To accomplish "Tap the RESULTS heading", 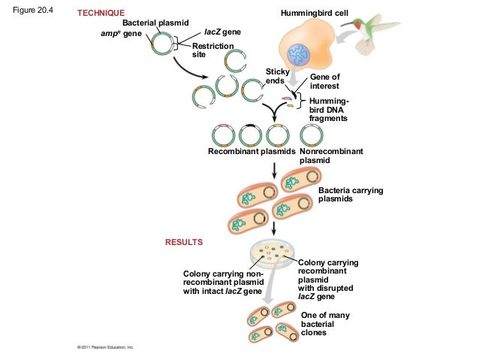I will pyautogui.click(x=184, y=243).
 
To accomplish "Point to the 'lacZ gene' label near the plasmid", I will pyautogui.click(x=222, y=35).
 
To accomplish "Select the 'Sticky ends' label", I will pyautogui.click(x=279, y=76).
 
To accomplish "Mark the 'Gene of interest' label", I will pyautogui.click(x=324, y=81).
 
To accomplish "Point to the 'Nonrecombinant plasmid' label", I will pyautogui.click(x=330, y=156).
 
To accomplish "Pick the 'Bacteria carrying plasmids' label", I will pyautogui.click(x=351, y=195).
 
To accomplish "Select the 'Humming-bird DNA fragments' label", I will pyautogui.click(x=329, y=110).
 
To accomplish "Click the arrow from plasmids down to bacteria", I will pyautogui.click(x=275, y=170).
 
